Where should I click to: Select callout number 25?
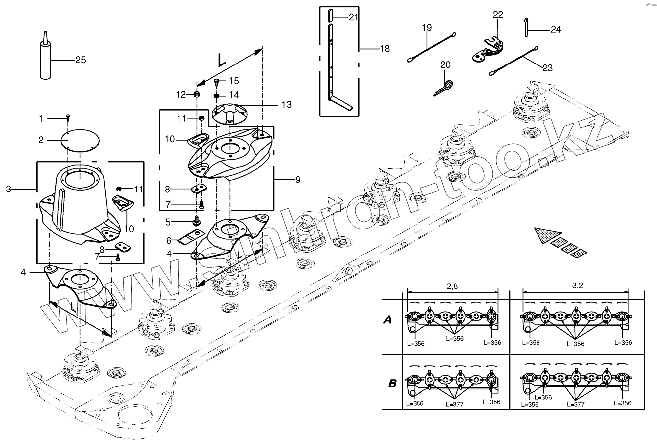point(80,60)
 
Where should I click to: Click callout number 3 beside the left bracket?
point(8,189)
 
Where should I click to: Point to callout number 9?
point(298,180)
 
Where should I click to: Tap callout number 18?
point(384,49)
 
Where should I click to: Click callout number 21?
point(353,17)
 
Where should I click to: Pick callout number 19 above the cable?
point(427,28)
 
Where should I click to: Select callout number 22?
point(498,15)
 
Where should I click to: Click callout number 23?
point(547,68)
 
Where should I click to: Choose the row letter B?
point(392,383)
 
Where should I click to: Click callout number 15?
point(233,80)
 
